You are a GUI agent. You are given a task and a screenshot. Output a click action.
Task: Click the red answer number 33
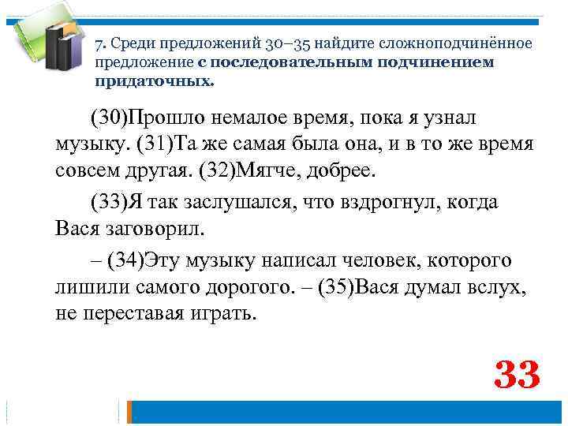click(517, 375)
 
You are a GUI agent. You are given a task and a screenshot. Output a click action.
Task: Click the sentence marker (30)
click(108, 118)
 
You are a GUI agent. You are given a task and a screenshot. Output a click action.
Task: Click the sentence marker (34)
click(126, 260)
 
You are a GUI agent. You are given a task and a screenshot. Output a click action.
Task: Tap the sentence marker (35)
click(337, 286)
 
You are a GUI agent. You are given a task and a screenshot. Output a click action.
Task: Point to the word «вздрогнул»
click(369, 202)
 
